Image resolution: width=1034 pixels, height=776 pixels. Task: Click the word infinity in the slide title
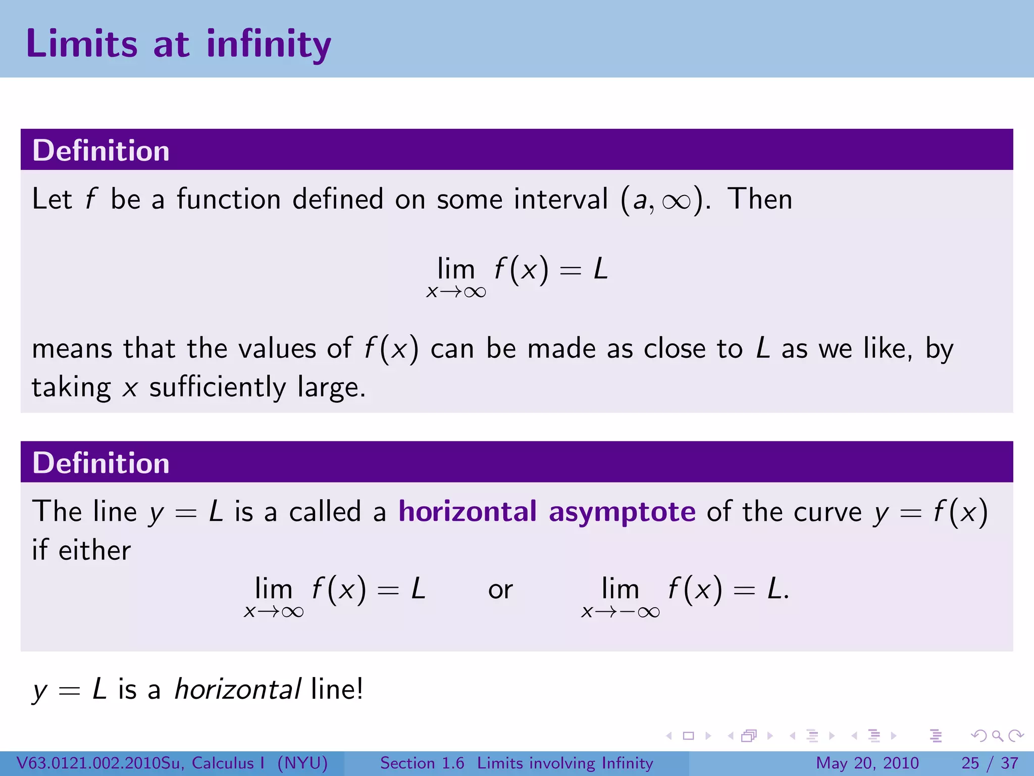pos(269,44)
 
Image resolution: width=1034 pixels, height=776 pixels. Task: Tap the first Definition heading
pos(101,151)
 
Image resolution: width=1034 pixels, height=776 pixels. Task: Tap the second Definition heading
pos(101,463)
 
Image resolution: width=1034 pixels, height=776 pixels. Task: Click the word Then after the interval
pos(760,199)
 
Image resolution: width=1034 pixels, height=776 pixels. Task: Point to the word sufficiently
pos(218,387)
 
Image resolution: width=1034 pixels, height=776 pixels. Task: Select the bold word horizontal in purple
pos(468,511)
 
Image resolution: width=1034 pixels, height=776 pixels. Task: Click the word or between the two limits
pos(500,590)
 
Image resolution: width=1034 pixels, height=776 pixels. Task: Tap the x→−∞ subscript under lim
pos(621,612)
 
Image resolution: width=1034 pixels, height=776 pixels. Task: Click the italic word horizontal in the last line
pos(238,689)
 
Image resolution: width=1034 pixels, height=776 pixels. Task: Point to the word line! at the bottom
pos(337,689)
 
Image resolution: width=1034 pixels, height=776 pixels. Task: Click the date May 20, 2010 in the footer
pos(867,763)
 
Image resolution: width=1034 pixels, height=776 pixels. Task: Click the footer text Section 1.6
pos(422,763)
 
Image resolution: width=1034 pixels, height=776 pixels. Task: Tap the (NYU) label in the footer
pos(302,763)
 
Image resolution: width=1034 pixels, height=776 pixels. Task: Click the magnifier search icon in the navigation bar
pos(997,736)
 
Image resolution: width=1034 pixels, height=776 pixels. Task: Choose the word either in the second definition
pos(94,550)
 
